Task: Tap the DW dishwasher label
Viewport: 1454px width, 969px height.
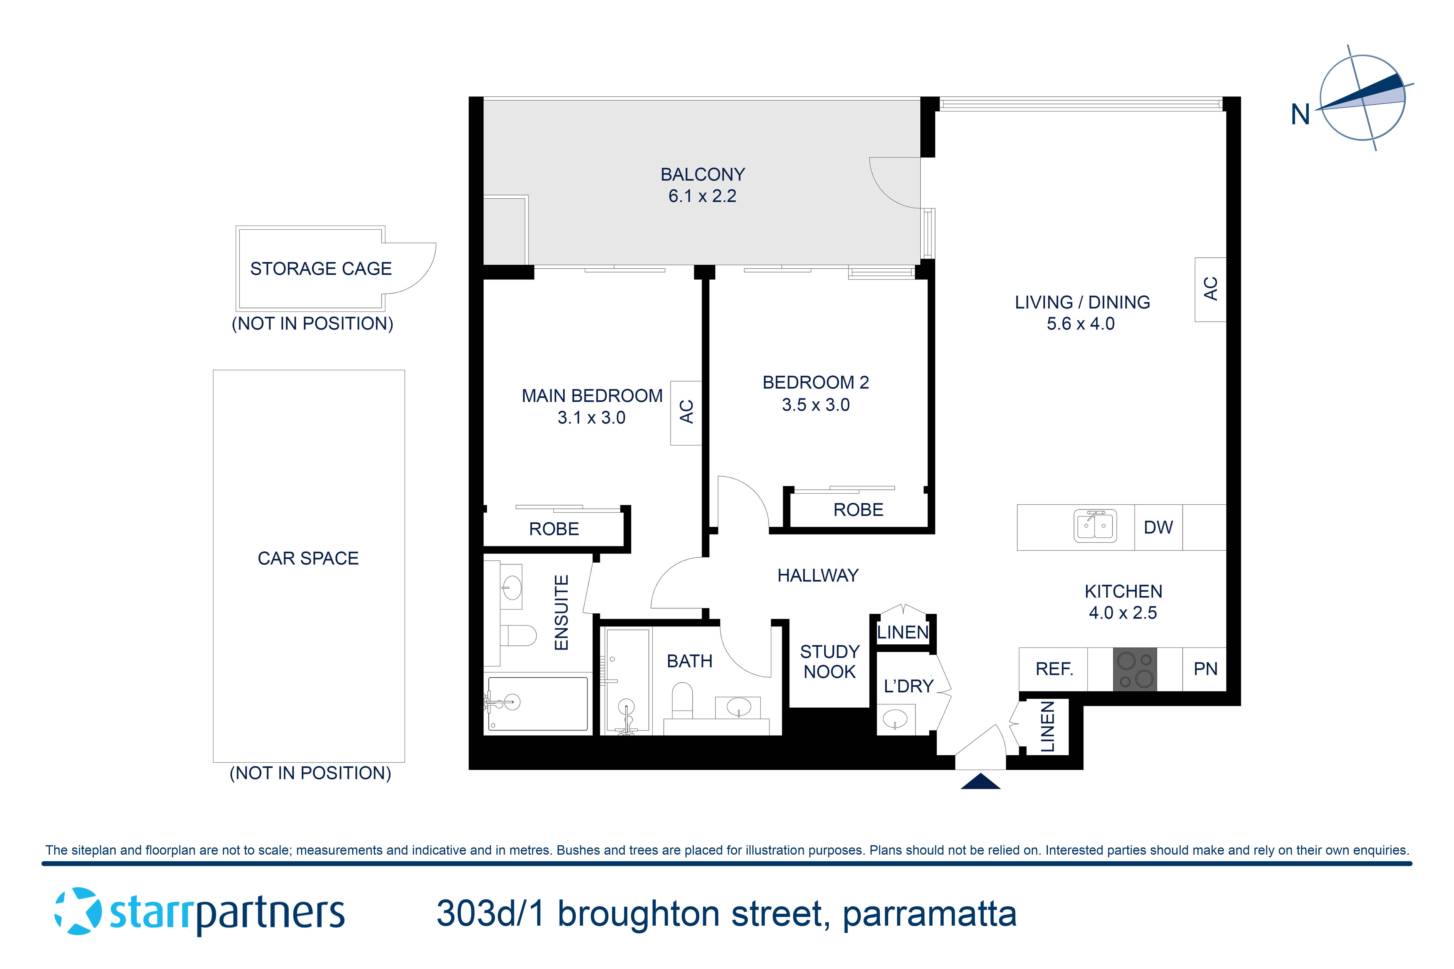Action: click(1158, 527)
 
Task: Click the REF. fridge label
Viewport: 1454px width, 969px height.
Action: click(1054, 669)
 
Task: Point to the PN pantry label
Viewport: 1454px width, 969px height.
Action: click(1205, 669)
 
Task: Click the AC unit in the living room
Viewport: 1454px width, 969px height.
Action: click(1210, 289)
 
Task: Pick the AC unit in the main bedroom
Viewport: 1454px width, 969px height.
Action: click(686, 412)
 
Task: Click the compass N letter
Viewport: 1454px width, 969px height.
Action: click(1300, 114)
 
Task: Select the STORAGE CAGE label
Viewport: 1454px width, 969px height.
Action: click(321, 269)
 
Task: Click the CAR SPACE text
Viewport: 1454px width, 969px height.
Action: click(308, 558)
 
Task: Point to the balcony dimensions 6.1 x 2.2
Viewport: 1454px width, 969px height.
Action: click(702, 196)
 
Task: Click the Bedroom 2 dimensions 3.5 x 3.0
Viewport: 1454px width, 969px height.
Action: click(815, 405)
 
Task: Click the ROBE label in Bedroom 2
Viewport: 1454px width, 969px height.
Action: click(858, 510)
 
